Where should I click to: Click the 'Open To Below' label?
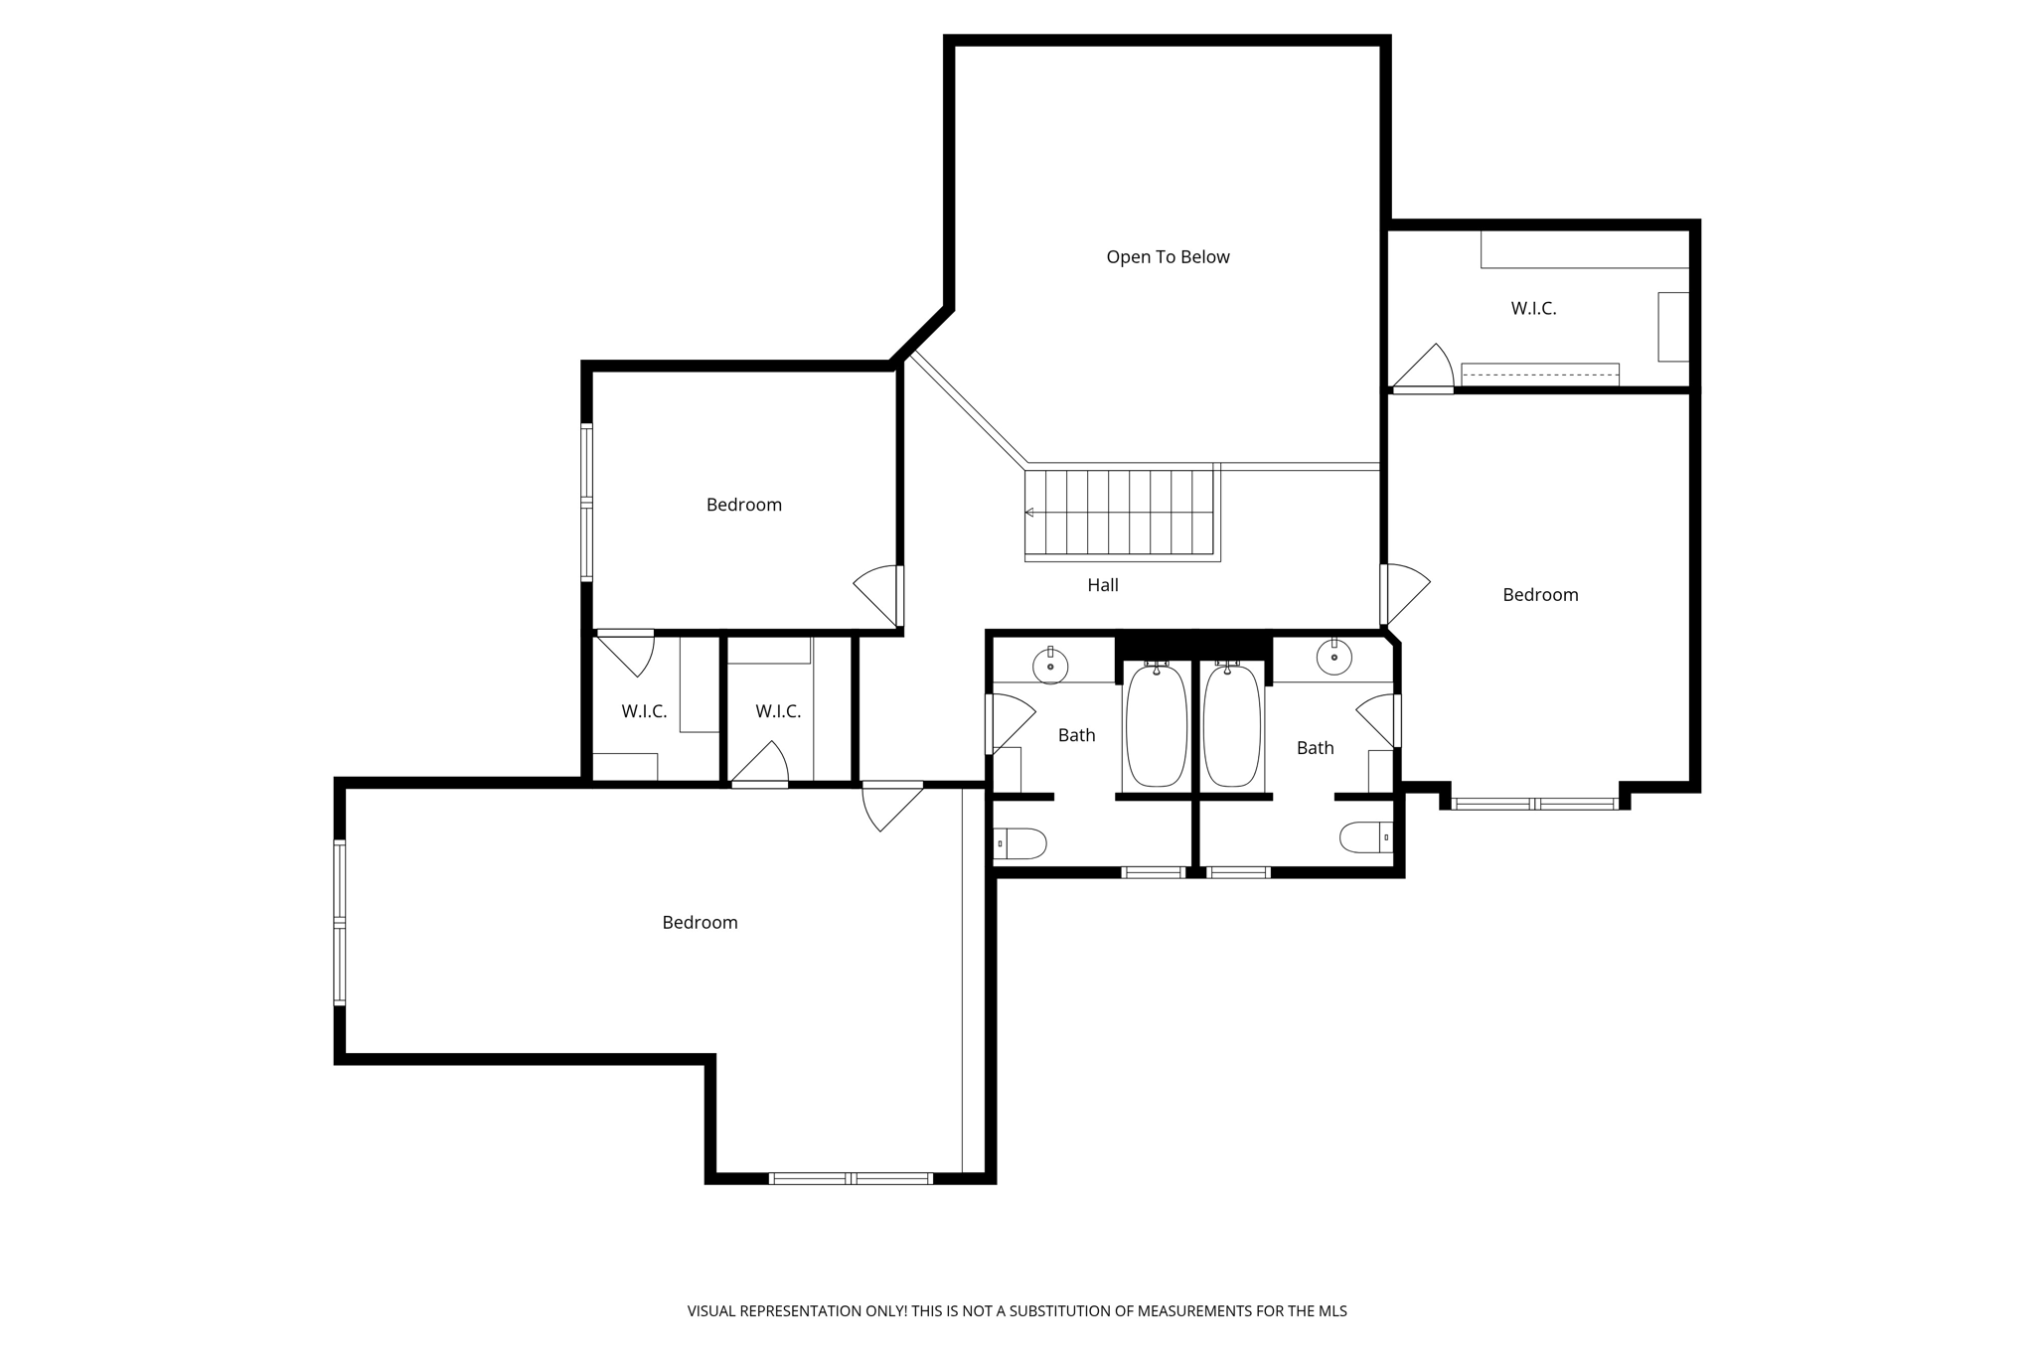1168,257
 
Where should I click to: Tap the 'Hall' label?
1102,585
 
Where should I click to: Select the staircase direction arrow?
1030,513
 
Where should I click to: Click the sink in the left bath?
1050,666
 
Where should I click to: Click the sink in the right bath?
1333,657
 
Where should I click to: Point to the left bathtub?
1156,725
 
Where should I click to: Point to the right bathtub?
1232,725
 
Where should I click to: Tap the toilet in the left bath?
1020,843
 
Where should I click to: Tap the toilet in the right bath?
1366,837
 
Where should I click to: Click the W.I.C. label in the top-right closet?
1533,309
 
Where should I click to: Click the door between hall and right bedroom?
1403,594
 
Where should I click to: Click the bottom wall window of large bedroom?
851,1178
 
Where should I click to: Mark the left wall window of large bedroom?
340,923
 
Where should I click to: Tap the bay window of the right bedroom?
1535,803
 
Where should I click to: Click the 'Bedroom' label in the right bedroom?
1540,595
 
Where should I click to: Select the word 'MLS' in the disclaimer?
1331,1311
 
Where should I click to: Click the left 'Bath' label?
1076,735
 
